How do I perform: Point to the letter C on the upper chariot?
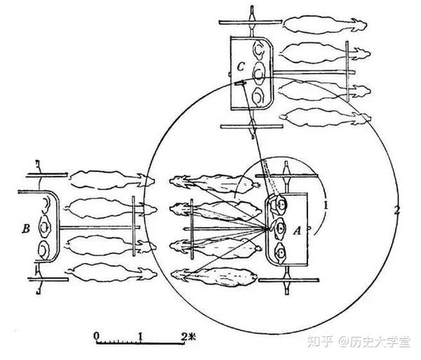[240, 67]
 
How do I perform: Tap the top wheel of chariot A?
[286, 173]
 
